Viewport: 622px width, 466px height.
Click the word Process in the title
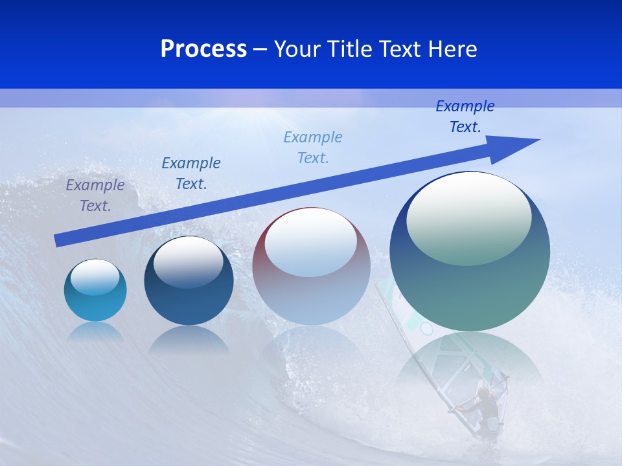203,49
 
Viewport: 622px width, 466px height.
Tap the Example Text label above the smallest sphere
95,195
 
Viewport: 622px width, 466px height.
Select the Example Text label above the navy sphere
191,173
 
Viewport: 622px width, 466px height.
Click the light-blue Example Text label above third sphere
313,147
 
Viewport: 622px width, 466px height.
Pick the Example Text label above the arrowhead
465,116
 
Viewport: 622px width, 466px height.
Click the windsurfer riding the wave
483,408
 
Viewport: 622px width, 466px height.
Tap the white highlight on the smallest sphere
95,276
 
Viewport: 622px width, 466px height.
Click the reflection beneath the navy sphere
189,340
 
